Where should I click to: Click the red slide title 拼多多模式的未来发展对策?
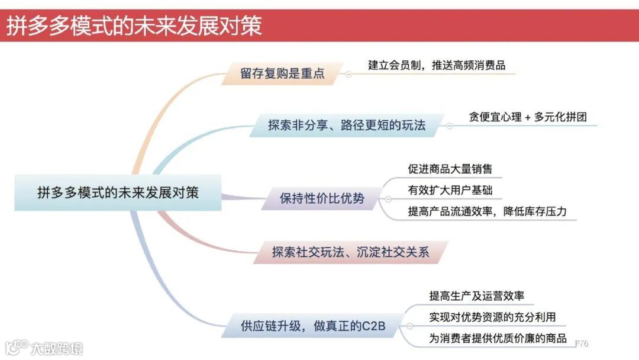(135, 26)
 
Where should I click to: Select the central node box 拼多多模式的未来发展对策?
(118, 193)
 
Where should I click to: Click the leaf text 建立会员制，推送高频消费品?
(437, 65)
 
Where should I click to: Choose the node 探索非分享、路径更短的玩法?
(347, 126)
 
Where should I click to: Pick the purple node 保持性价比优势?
(322, 198)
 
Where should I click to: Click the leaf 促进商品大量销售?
(450, 168)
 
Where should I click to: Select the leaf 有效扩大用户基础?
(450, 190)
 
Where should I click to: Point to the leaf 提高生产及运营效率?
(476, 296)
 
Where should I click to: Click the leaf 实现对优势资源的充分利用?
(492, 317)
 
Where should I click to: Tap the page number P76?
(582, 343)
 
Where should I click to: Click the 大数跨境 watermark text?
(57, 348)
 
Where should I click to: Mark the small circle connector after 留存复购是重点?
(348, 75)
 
